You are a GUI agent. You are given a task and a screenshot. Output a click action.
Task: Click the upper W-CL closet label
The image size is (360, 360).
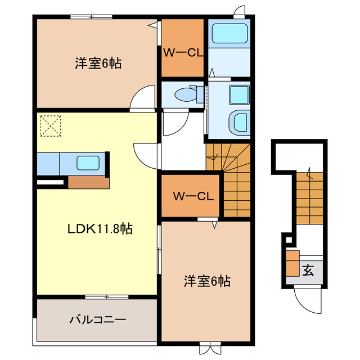[x=183, y=53]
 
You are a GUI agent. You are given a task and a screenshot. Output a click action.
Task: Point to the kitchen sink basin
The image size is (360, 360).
[x=88, y=164]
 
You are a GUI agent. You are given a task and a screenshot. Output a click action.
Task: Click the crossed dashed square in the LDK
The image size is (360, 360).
[x=49, y=125]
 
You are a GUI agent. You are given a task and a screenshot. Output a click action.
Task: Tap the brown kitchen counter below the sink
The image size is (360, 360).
[x=88, y=182]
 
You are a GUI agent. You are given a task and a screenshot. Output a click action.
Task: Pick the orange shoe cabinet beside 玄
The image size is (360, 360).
[x=292, y=263]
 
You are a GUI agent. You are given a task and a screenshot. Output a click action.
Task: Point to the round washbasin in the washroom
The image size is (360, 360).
[x=239, y=122]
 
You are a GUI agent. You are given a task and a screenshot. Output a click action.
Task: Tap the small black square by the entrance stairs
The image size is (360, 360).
[x=289, y=241]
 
